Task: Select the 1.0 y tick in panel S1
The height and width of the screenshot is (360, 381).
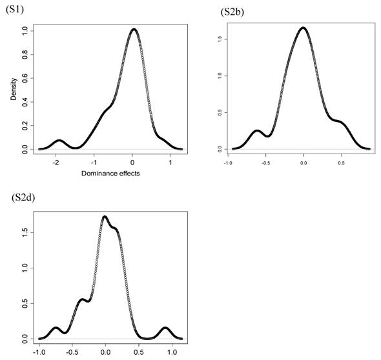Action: pyautogui.click(x=24, y=30)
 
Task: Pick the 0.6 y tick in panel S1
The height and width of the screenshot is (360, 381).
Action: pyautogui.click(x=24, y=77)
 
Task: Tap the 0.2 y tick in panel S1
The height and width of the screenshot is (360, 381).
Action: pyautogui.click(x=24, y=125)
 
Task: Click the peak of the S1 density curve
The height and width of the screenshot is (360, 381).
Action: pyautogui.click(x=133, y=29)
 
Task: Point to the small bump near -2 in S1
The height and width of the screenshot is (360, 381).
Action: pyautogui.click(x=59, y=140)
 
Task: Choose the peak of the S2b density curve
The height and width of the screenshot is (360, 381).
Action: pyautogui.click(x=302, y=28)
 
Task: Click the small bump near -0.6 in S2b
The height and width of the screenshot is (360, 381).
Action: pyautogui.click(x=257, y=131)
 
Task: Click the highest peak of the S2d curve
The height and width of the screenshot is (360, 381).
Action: pyautogui.click(x=105, y=216)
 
